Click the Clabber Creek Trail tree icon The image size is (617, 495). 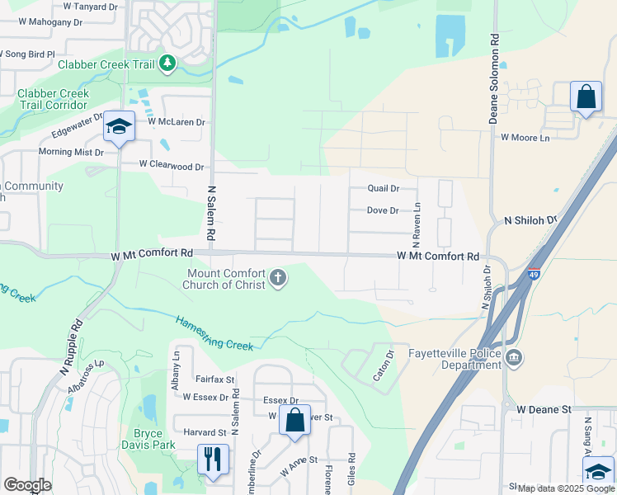167,63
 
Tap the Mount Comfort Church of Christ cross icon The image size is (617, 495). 278,278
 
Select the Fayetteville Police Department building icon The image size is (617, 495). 514,357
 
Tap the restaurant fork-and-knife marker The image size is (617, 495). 213,458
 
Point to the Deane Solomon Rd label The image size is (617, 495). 494,79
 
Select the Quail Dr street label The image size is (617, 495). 383,189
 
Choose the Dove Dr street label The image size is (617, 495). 383,211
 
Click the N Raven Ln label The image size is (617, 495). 417,221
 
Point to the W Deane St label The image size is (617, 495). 544,409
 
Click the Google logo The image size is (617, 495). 27,485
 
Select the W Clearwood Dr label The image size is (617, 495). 172,167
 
